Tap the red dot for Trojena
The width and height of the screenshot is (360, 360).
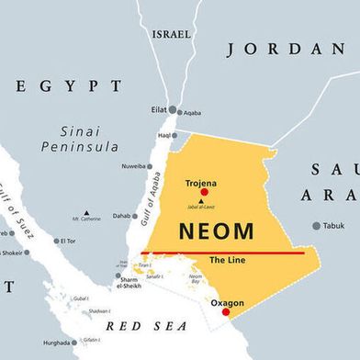pos(204,192)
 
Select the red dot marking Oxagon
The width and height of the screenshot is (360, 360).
pos(226,312)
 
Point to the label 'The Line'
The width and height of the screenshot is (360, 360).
pos(226,261)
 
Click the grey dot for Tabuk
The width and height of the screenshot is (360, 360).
pos(317,225)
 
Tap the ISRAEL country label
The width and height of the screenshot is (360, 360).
pos(172,34)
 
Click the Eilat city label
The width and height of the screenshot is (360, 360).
pos(158,109)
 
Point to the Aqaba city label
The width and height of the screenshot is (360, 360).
pos(191,113)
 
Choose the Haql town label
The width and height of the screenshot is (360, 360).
pos(164,135)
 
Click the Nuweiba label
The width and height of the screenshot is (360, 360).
pos(132,166)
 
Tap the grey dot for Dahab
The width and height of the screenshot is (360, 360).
pos(140,217)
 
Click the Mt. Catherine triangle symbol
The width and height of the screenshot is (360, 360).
pos(87,212)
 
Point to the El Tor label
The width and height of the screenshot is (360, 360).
pos(67,242)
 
